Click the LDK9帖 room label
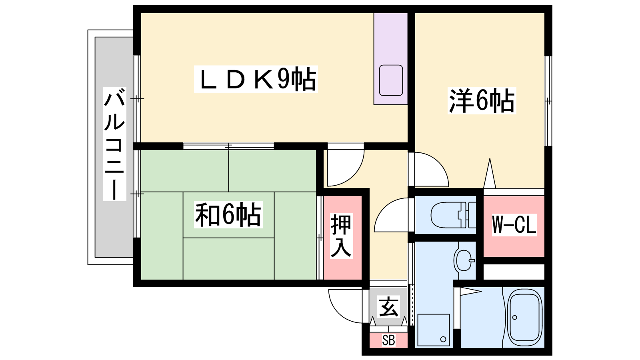click(256, 79)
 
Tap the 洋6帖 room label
click(482, 101)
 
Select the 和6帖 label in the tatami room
click(228, 214)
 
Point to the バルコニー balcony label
click(114, 144)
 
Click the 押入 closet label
click(341, 236)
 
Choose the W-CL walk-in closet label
click(514, 224)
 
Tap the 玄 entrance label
click(388, 307)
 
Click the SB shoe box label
click(388, 340)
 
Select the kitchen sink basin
click(391, 80)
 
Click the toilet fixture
click(453, 215)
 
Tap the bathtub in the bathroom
click(524, 317)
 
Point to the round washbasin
click(464, 260)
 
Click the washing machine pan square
click(434, 330)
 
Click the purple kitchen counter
click(390, 58)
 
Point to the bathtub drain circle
click(514, 318)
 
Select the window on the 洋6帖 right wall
click(548, 101)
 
